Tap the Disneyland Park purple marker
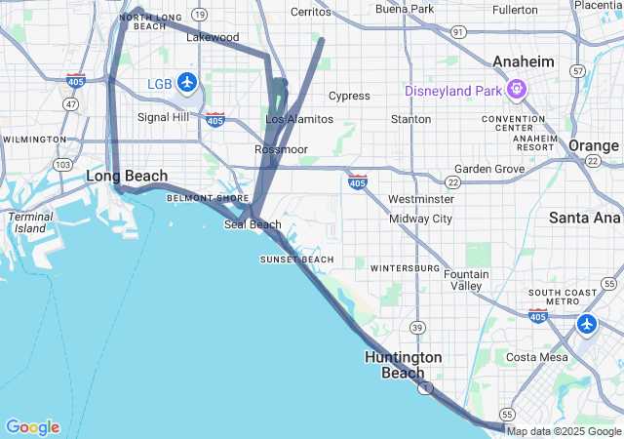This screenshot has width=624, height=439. [x=516, y=91]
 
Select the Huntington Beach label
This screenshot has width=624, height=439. [x=403, y=365]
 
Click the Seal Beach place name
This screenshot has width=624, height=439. [x=253, y=224]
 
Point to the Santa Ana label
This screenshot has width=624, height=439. [x=585, y=218]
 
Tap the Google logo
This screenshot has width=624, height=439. [x=32, y=427]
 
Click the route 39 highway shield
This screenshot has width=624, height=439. [x=416, y=326]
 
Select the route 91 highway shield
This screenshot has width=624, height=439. [x=458, y=31]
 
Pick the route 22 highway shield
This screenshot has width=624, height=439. [x=453, y=182]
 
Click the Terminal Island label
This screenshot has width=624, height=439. [x=30, y=222]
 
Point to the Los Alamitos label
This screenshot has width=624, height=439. [x=299, y=119]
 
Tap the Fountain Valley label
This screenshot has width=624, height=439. [x=466, y=280]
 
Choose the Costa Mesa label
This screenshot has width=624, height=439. [x=536, y=357]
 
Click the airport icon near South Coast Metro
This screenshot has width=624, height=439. [x=586, y=323]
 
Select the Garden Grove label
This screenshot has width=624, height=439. [x=489, y=168]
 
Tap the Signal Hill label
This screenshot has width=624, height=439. [x=163, y=117]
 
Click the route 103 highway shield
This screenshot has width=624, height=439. [x=62, y=164]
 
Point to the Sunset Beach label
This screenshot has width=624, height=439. [x=296, y=259]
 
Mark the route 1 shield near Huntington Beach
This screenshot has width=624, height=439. [x=425, y=388]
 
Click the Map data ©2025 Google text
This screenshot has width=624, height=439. [x=564, y=431]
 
